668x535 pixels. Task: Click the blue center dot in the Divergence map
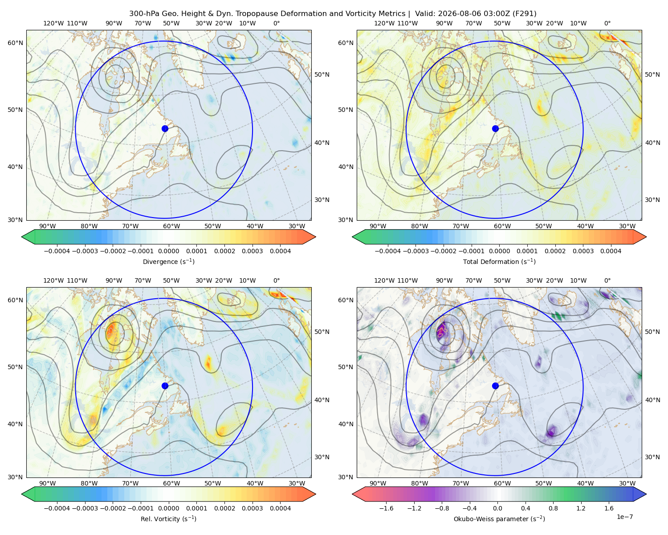tap(165, 129)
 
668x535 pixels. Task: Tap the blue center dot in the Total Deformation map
tap(495, 129)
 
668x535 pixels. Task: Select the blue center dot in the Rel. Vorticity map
tap(165, 386)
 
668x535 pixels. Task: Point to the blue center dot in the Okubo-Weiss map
tap(495, 386)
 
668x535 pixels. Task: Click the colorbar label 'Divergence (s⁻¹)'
tap(168, 262)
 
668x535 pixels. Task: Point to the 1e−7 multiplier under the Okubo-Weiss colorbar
tap(624, 517)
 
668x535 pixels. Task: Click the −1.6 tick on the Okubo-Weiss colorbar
tap(386, 508)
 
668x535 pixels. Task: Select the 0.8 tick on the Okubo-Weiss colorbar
tap(553, 508)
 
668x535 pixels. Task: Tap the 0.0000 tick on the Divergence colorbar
tap(168, 251)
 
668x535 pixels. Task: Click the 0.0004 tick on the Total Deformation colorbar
tap(611, 251)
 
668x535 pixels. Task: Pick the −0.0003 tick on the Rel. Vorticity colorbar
tap(85, 508)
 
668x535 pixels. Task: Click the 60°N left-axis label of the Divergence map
tap(15, 43)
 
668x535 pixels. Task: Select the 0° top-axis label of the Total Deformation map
tap(607, 23)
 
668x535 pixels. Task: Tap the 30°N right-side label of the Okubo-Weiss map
tap(652, 457)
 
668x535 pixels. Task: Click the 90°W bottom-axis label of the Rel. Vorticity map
tap(48, 483)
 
